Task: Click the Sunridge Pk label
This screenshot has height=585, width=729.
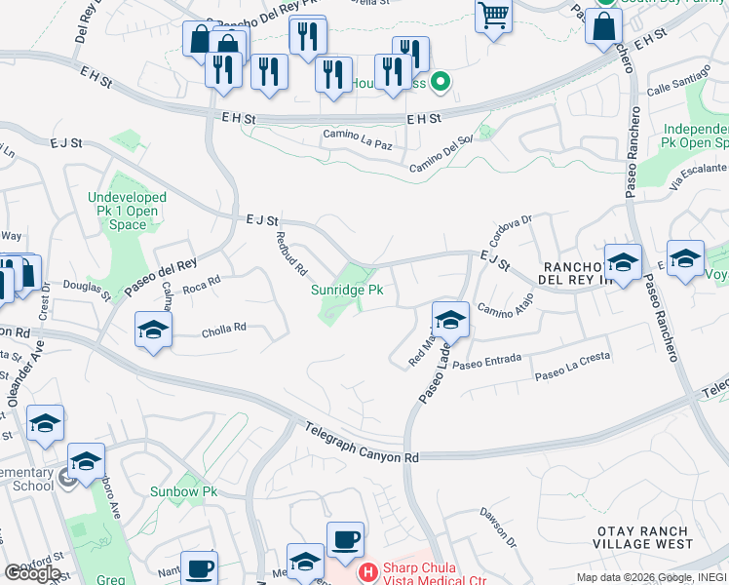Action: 347,291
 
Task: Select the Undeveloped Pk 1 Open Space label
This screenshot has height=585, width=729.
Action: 129,211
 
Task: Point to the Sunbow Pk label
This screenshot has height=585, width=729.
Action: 183,491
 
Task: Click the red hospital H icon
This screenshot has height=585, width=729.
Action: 368,572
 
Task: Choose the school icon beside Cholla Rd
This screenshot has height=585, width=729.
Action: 154,331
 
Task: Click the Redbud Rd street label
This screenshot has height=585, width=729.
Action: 291,253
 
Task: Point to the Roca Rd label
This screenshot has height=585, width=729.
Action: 202,284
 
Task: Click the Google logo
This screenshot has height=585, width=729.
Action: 33,572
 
